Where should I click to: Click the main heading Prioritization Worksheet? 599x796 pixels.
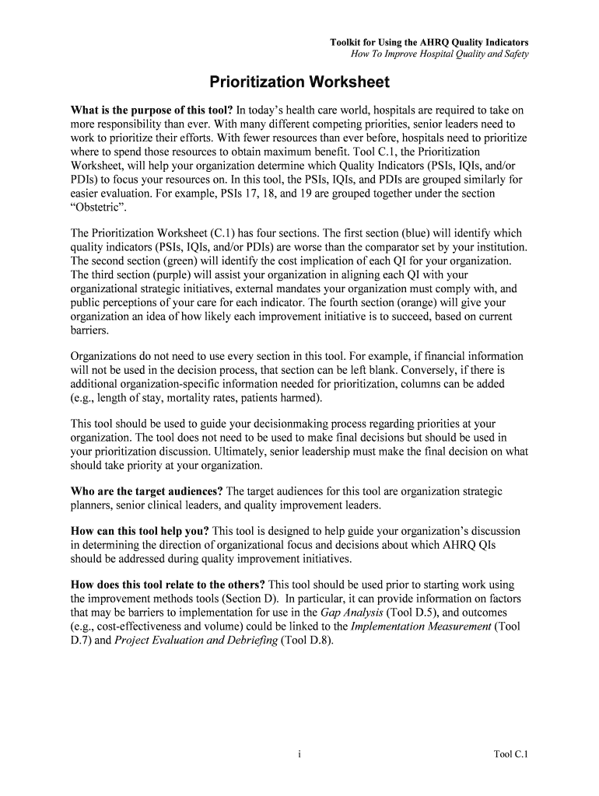point(299,82)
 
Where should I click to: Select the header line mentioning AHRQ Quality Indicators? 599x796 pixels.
point(429,41)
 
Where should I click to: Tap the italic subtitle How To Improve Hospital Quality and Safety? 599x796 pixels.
point(440,54)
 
